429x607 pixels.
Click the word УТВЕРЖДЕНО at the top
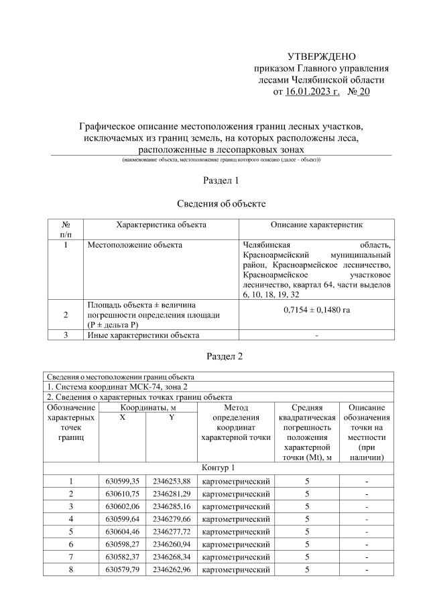(x=322, y=56)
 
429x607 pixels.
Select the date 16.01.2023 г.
(x=313, y=92)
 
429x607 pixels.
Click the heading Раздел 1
(x=221, y=180)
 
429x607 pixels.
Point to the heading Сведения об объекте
(x=221, y=203)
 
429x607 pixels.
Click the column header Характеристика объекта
(x=161, y=224)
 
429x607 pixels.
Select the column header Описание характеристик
(x=316, y=224)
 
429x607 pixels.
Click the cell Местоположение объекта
(x=135, y=245)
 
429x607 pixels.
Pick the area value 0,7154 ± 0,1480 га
(x=316, y=311)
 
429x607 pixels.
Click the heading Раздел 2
(x=221, y=355)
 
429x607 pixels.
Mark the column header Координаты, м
(x=145, y=407)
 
